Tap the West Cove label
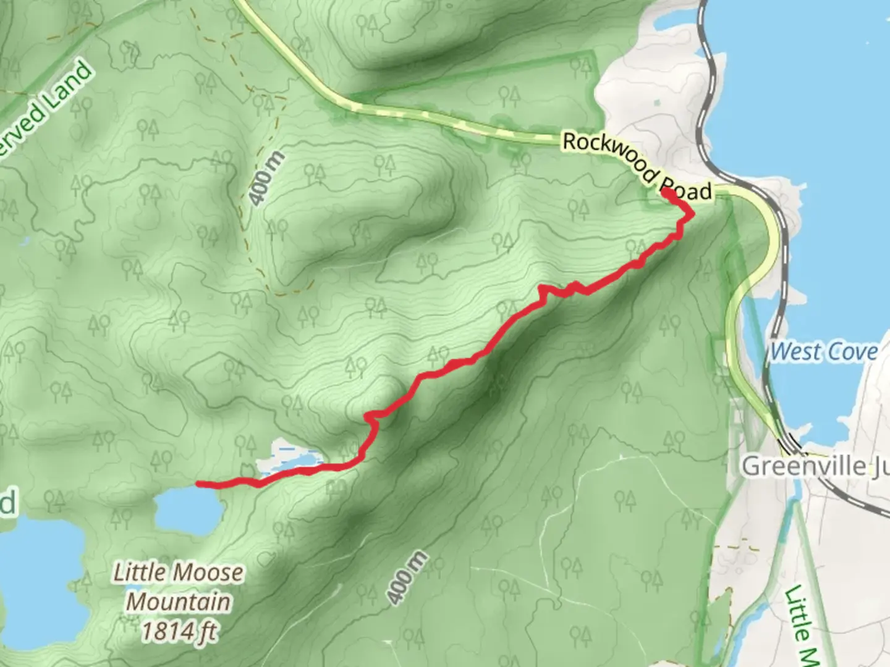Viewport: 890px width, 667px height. tap(824, 351)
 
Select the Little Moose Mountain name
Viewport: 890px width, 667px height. tap(178, 587)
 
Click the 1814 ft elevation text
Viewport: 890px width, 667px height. tap(179, 631)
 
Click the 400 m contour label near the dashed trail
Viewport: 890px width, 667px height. tap(268, 177)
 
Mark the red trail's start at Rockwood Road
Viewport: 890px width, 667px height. tap(667, 192)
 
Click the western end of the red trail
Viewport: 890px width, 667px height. tap(198, 483)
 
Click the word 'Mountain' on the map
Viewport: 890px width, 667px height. tap(179, 601)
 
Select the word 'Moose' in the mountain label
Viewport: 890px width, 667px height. tap(208, 573)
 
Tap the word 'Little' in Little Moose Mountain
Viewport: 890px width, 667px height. tap(138, 573)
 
